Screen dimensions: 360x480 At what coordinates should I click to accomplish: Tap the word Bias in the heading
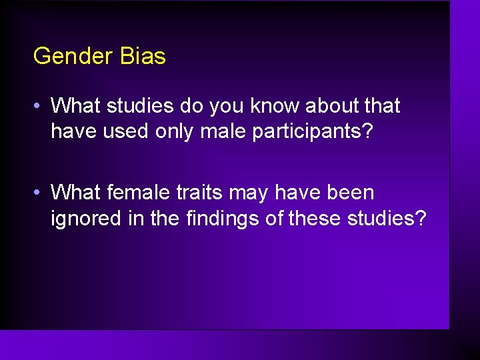pos(143,56)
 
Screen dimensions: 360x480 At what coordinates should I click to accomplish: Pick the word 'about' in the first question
pos(323,106)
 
